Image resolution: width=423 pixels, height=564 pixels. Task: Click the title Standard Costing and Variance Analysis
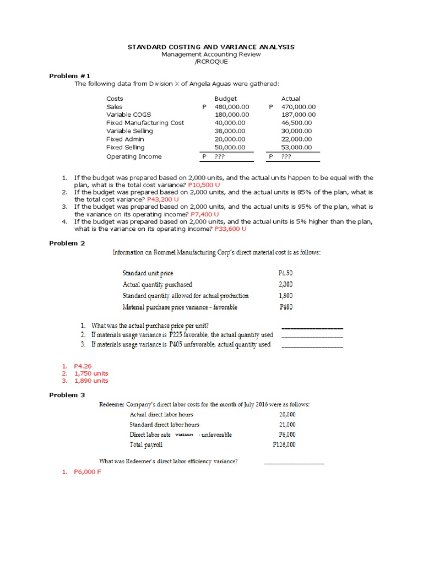point(211,47)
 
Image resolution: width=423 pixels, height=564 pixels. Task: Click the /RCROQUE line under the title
point(211,62)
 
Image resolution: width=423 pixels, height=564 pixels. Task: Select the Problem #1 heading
point(70,75)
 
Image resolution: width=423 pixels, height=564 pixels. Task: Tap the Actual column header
point(291,99)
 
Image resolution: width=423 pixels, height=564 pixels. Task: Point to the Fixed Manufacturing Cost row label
point(145,123)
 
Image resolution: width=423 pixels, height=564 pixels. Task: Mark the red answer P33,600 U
point(230,228)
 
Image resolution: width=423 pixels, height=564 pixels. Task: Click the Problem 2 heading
point(67,243)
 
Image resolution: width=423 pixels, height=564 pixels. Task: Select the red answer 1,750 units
point(91,373)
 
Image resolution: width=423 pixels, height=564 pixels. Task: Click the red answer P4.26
point(84,366)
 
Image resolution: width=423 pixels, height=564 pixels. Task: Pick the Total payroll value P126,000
point(284,444)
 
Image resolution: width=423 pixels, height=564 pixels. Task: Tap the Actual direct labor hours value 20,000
point(287,415)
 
